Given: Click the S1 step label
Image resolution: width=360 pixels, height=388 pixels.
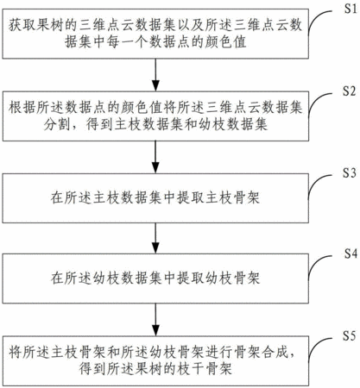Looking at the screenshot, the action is click(351, 9).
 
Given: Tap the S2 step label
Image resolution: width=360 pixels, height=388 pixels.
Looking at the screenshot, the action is click(350, 91).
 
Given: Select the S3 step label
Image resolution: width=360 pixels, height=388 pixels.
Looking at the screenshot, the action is click(350, 172).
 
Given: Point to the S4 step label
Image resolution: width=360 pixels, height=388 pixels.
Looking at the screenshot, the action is click(351, 253).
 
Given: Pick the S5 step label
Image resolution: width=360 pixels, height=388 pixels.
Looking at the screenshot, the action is click(350, 335).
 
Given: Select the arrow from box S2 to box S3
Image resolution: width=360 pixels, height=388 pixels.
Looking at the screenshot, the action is click(155, 157).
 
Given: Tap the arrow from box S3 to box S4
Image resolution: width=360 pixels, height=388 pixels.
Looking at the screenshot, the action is click(155, 238).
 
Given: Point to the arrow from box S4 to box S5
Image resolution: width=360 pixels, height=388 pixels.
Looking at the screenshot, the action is click(155, 320).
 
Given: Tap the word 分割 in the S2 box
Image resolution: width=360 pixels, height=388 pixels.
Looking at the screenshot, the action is click(57, 124).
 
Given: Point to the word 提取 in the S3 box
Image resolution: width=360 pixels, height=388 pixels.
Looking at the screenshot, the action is click(191, 198).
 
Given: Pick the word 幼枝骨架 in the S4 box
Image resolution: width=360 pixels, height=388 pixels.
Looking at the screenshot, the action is click(232, 278).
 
